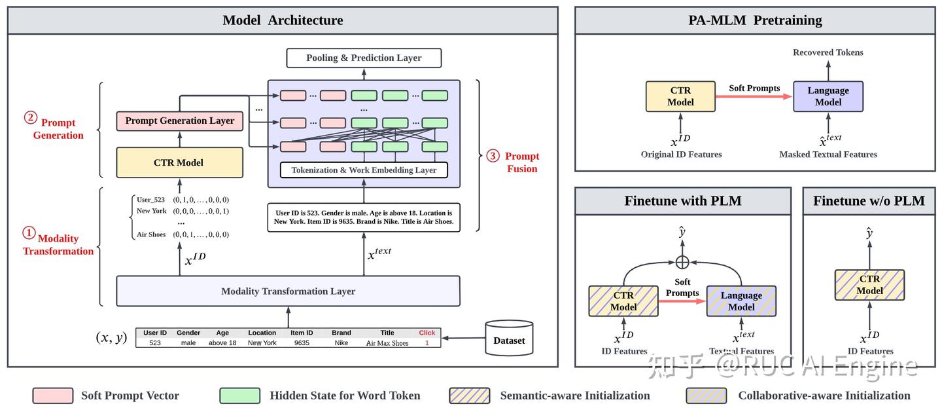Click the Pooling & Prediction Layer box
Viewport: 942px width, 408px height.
pos(364,58)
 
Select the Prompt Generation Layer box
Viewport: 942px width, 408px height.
pos(179,121)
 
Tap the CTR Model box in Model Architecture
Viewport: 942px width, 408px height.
pos(179,162)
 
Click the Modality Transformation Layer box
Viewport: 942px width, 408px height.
pos(288,291)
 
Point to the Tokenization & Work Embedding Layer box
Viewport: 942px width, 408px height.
pos(364,170)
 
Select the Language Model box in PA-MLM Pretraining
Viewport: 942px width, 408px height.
pos(828,96)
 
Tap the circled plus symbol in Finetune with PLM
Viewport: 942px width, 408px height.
pos(682,261)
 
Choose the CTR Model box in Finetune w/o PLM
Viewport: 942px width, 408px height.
pos(869,285)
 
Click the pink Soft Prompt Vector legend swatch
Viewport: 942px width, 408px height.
pos(53,396)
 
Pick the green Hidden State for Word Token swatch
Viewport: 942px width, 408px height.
pos(240,396)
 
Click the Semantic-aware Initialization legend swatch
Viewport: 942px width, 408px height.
pos(469,396)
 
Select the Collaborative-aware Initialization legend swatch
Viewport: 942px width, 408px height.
pos(706,396)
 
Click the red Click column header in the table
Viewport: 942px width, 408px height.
pos(427,333)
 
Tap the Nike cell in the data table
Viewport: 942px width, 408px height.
pos(341,343)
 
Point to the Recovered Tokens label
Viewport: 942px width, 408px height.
pos(828,52)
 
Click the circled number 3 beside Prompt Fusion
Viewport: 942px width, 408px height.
pos(493,156)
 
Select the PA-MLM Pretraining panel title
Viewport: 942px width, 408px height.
pos(755,20)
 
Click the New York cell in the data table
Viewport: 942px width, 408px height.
pos(262,343)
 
